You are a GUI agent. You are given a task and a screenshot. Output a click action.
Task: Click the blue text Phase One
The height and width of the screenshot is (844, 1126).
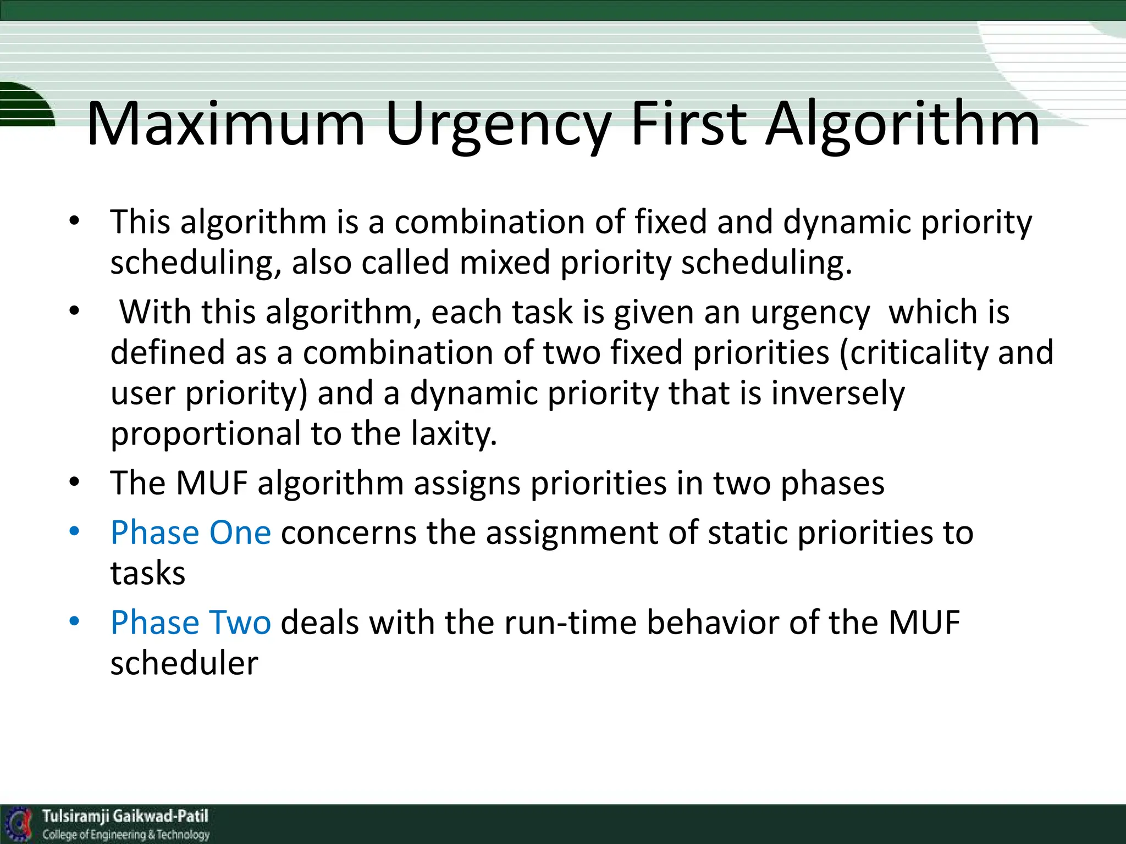191,532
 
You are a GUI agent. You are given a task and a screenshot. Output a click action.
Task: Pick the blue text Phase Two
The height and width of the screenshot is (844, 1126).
191,623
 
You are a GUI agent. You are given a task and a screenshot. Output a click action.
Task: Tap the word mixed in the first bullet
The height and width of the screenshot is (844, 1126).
505,262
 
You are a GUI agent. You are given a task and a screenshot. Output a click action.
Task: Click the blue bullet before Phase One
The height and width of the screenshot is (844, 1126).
75,531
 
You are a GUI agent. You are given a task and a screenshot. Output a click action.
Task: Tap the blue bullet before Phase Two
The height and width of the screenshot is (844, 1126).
75,621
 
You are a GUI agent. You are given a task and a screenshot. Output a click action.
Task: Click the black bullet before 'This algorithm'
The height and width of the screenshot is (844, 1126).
75,221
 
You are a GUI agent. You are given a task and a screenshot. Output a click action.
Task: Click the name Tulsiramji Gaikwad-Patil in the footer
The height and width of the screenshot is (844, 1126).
125,816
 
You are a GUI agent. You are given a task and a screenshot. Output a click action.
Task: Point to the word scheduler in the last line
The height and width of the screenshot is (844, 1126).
184,663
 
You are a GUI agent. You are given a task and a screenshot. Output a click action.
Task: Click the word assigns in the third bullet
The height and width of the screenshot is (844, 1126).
467,484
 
